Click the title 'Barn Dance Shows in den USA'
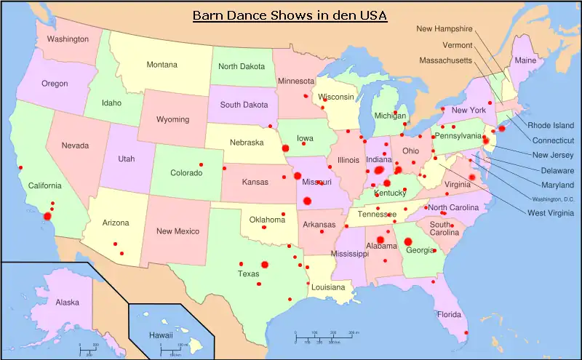[x=290, y=15]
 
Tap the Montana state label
[x=162, y=65]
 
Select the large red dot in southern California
[x=48, y=215]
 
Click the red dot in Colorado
[x=202, y=165]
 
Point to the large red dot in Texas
[x=265, y=265]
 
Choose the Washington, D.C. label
[x=552, y=199]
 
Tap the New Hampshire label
[x=445, y=29]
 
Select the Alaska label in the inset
[x=68, y=303]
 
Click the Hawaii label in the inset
[x=161, y=335]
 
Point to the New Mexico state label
[x=178, y=231]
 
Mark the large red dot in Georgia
[x=408, y=241]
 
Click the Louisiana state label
[x=328, y=287]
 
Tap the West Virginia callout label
[x=551, y=212]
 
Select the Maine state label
[x=525, y=60]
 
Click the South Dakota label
[x=244, y=105]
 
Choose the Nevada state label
[x=75, y=145]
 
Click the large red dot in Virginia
[x=471, y=177]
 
